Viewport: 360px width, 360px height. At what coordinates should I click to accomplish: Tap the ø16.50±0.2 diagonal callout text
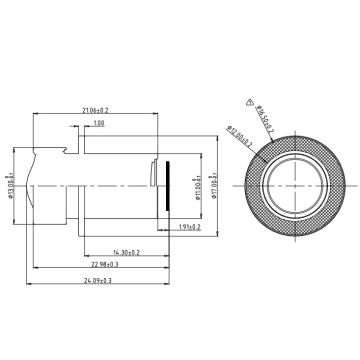[x=264, y=115]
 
